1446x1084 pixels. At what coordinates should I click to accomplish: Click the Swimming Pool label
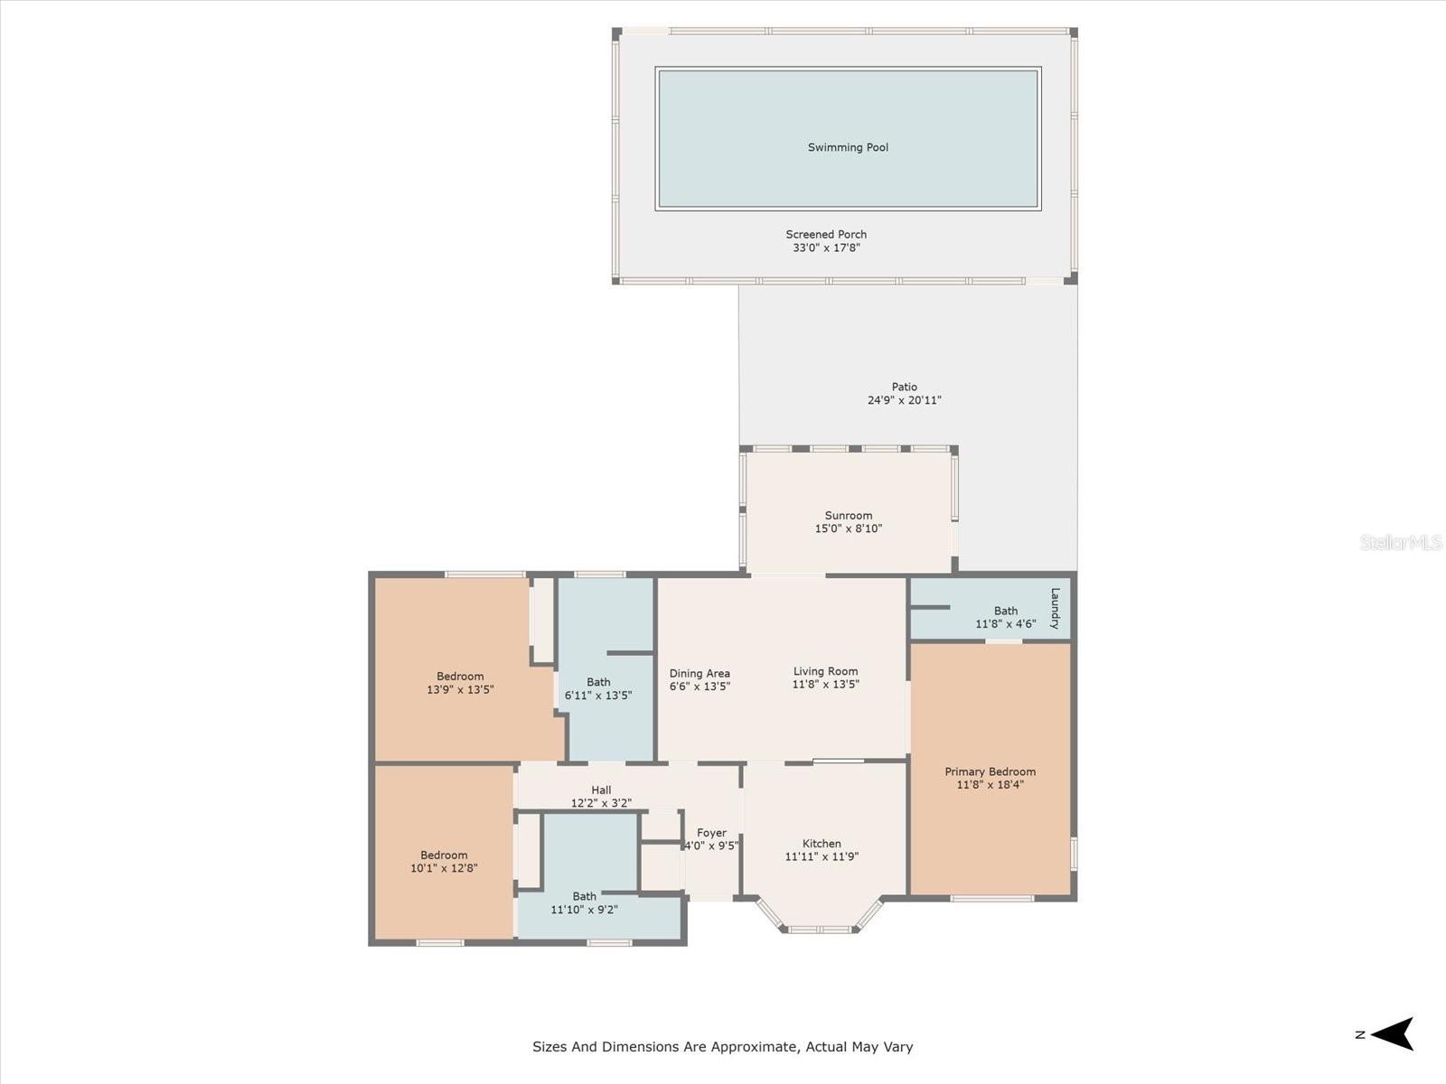tap(848, 147)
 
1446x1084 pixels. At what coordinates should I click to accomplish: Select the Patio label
tap(904, 387)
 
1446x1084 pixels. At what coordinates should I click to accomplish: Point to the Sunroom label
tap(848, 516)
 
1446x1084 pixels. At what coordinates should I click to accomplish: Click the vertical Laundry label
tap(1055, 608)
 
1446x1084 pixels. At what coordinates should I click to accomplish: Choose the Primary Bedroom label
tap(990, 771)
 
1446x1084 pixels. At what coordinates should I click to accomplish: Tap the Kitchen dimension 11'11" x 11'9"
tap(822, 856)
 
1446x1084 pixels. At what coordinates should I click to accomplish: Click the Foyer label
tap(711, 833)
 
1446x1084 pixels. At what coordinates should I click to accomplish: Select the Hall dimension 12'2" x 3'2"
tap(601, 803)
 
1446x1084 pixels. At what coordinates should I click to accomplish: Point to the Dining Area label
tap(700, 673)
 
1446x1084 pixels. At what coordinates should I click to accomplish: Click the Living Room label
tap(825, 671)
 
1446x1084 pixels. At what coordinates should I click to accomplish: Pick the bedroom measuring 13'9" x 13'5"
tap(460, 683)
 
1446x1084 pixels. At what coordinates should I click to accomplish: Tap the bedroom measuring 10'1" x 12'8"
tap(444, 862)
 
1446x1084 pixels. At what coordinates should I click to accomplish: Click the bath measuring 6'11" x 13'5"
tap(598, 688)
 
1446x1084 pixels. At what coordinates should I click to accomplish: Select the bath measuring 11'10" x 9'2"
tap(584, 903)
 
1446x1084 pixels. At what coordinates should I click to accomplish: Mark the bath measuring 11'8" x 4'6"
tap(1005, 617)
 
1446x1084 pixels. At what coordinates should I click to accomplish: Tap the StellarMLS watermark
tap(1400, 542)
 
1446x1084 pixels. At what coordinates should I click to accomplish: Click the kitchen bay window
tap(820, 928)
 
